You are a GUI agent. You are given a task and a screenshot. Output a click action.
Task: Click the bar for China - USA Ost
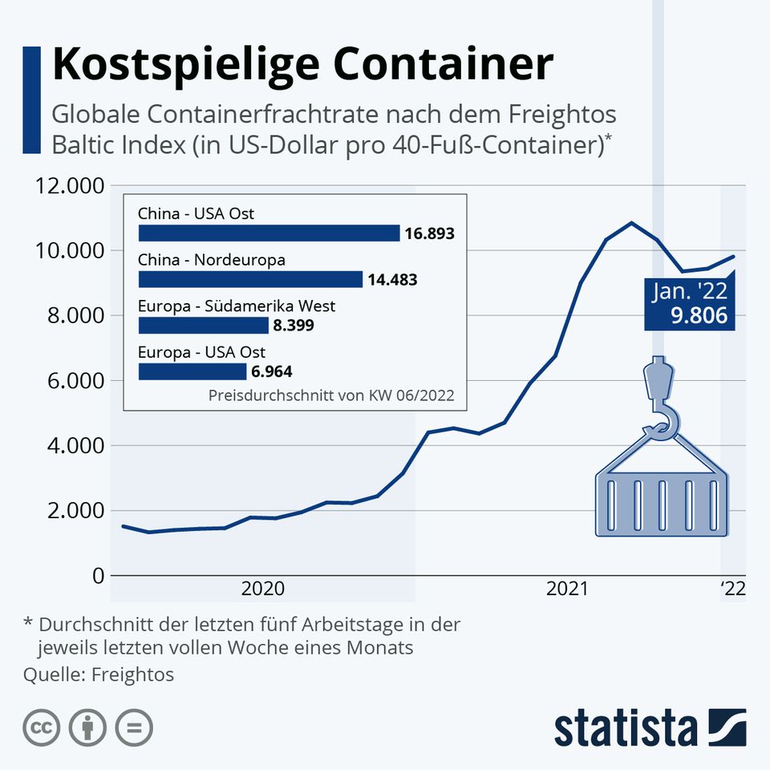[x=269, y=233]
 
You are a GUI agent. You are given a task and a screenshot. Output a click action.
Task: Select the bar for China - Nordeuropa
[x=250, y=279]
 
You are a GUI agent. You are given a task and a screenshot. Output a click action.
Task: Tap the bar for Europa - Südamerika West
[x=203, y=325]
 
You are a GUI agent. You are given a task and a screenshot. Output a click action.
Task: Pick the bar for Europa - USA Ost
[x=192, y=371]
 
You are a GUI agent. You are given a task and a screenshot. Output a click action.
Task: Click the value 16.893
[x=429, y=234]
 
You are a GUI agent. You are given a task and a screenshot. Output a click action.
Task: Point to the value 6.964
[x=271, y=371]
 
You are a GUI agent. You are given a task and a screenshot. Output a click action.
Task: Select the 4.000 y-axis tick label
[x=70, y=446]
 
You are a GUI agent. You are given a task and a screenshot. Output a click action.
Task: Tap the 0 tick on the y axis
[x=97, y=576]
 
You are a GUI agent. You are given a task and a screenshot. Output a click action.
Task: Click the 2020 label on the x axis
[x=262, y=590]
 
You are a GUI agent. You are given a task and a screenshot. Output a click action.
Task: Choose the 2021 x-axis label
[x=568, y=590]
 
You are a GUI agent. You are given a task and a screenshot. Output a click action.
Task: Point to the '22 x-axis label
[x=732, y=590]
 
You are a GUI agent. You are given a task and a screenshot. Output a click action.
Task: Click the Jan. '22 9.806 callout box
[x=690, y=304]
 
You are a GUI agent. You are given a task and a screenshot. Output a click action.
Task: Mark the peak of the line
[x=631, y=223]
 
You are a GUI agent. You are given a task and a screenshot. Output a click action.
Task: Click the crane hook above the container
[x=660, y=401]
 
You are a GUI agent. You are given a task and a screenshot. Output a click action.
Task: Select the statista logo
[x=650, y=727]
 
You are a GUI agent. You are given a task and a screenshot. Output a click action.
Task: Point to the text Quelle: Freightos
[x=99, y=674]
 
